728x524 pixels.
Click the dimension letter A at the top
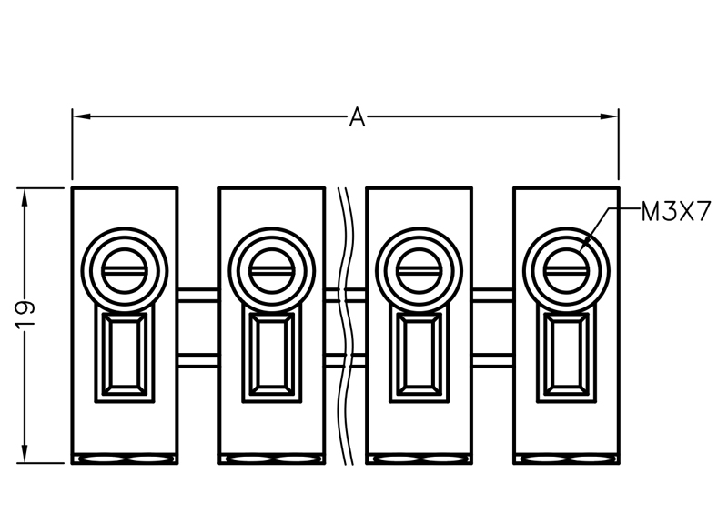(357, 116)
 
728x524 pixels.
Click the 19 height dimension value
(25, 315)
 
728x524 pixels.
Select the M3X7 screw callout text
(675, 212)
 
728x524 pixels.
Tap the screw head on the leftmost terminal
(125, 271)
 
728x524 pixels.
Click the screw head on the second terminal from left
(271, 271)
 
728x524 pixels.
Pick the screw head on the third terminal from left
(419, 271)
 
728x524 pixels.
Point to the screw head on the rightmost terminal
(566, 271)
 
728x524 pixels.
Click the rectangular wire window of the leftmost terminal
(125, 354)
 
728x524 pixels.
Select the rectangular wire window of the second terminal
(271, 354)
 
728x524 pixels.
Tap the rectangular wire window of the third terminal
(419, 354)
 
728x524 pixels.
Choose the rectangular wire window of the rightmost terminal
(566, 354)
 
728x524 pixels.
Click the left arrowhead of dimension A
(81, 116)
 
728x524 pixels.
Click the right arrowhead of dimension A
(609, 116)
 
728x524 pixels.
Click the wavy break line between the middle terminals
(345, 326)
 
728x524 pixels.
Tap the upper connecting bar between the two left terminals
(198, 295)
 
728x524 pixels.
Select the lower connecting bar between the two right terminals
(492, 360)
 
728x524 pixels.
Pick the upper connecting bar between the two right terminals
(492, 295)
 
